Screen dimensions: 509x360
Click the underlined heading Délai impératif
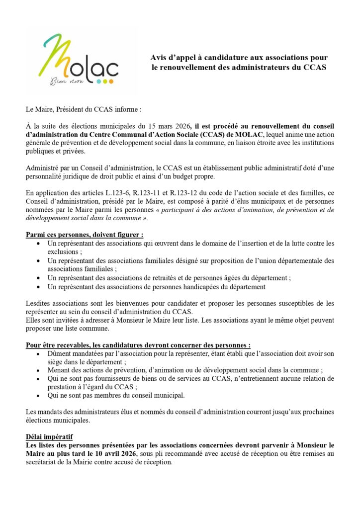point(49,436)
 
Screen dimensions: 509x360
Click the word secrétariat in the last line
point(46,463)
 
